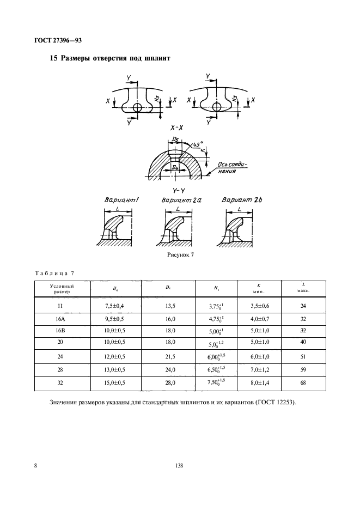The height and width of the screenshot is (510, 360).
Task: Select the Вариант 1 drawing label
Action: pyautogui.click(x=121, y=201)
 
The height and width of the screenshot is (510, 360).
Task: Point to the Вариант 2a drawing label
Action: pyautogui.click(x=181, y=201)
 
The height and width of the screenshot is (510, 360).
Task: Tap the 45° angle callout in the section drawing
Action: pyautogui.click(x=193, y=145)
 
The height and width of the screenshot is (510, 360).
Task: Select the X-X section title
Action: pyautogui.click(x=176, y=127)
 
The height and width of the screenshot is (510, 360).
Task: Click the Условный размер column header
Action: pyautogui.click(x=62, y=288)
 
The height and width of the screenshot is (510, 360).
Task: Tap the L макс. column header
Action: pyautogui.click(x=303, y=288)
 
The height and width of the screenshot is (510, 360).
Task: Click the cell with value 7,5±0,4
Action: pyautogui.click(x=116, y=306)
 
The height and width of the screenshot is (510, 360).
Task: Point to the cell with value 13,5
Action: pyautogui.click(x=169, y=306)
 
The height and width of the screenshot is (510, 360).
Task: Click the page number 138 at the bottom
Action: pyautogui.click(x=180, y=465)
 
